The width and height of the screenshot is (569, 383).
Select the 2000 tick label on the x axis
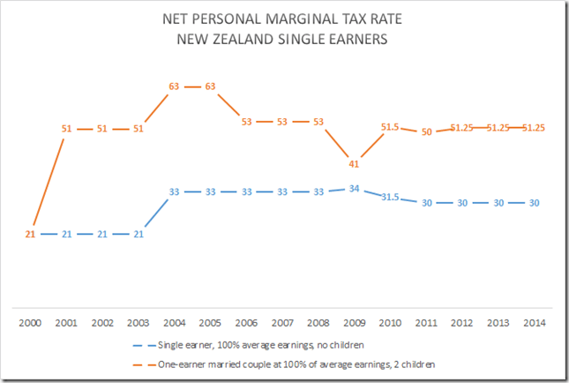click(30, 321)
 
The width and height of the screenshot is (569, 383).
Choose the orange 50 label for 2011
click(426, 131)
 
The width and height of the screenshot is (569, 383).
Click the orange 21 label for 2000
click(30, 234)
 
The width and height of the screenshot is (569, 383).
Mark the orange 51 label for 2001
click(67, 129)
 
